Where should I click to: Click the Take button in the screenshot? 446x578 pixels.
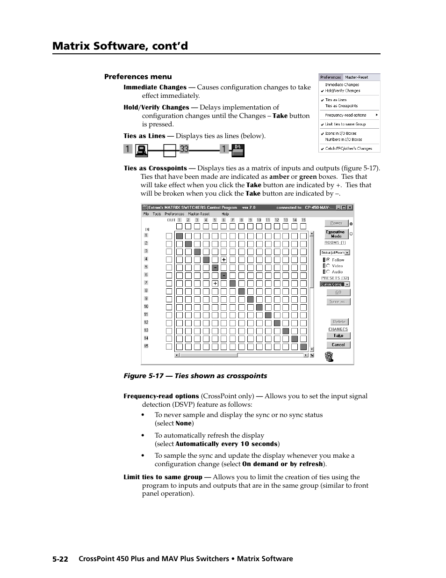click(x=338, y=336)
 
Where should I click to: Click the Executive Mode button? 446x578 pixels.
click(x=336, y=234)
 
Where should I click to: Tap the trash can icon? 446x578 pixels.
click(x=329, y=357)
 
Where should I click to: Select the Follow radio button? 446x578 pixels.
click(x=329, y=260)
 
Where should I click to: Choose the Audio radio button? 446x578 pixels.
click(x=329, y=271)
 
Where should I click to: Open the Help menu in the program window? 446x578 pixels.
click(x=225, y=214)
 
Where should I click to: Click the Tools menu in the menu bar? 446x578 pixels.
click(x=157, y=214)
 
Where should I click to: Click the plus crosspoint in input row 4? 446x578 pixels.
click(x=224, y=260)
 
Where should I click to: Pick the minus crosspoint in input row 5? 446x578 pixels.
click(x=215, y=268)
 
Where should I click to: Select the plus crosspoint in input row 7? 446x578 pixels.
click(x=215, y=284)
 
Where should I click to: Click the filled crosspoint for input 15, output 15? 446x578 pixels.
click(x=303, y=347)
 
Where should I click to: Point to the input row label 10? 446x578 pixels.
click(x=146, y=307)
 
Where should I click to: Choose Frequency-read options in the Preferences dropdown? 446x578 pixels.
click(x=346, y=115)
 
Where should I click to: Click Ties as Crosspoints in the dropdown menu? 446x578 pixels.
click(x=341, y=106)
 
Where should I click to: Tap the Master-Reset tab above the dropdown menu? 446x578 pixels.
click(x=357, y=77)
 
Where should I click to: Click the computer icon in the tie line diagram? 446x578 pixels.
click(x=142, y=150)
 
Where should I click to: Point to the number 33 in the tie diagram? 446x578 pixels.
click(x=184, y=149)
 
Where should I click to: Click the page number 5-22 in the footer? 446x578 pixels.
click(x=61, y=559)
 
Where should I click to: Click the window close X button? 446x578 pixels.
click(x=350, y=208)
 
